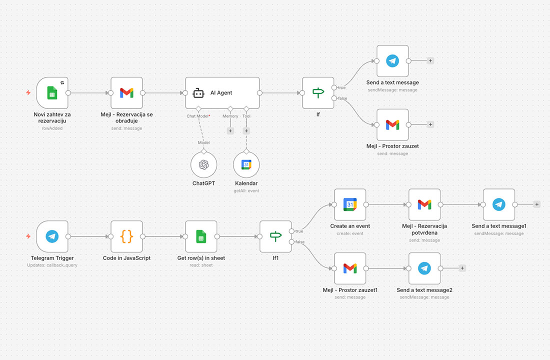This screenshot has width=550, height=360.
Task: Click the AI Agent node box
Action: pyautogui.click(x=222, y=92)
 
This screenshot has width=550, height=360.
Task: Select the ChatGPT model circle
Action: pyautogui.click(x=203, y=164)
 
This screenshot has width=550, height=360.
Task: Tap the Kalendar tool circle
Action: pyautogui.click(x=246, y=164)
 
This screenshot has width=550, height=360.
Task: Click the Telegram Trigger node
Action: pyautogui.click(x=52, y=236)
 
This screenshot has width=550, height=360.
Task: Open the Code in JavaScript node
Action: pyautogui.click(x=126, y=236)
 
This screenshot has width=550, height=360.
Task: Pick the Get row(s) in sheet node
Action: pyautogui.click(x=201, y=236)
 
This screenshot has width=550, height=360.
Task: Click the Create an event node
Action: pyautogui.click(x=350, y=204)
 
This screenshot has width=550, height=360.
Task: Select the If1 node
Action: pyautogui.click(x=275, y=236)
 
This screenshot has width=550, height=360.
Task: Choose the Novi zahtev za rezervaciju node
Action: pyautogui.click(x=52, y=92)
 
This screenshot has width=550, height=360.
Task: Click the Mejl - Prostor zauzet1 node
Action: pyautogui.click(x=350, y=268)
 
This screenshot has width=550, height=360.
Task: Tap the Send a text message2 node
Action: pyautogui.click(x=424, y=268)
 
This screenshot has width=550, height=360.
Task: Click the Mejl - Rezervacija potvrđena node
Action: pyautogui.click(x=424, y=204)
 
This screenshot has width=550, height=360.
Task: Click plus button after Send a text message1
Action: pyautogui.click(x=536, y=204)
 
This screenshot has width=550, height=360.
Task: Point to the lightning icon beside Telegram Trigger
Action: pyautogui.click(x=28, y=236)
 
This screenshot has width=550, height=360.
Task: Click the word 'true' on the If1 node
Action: pyautogui.click(x=299, y=231)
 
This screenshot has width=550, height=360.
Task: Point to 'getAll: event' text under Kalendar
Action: pyautogui.click(x=246, y=190)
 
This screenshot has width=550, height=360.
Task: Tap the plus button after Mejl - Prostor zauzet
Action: pyautogui.click(x=430, y=124)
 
